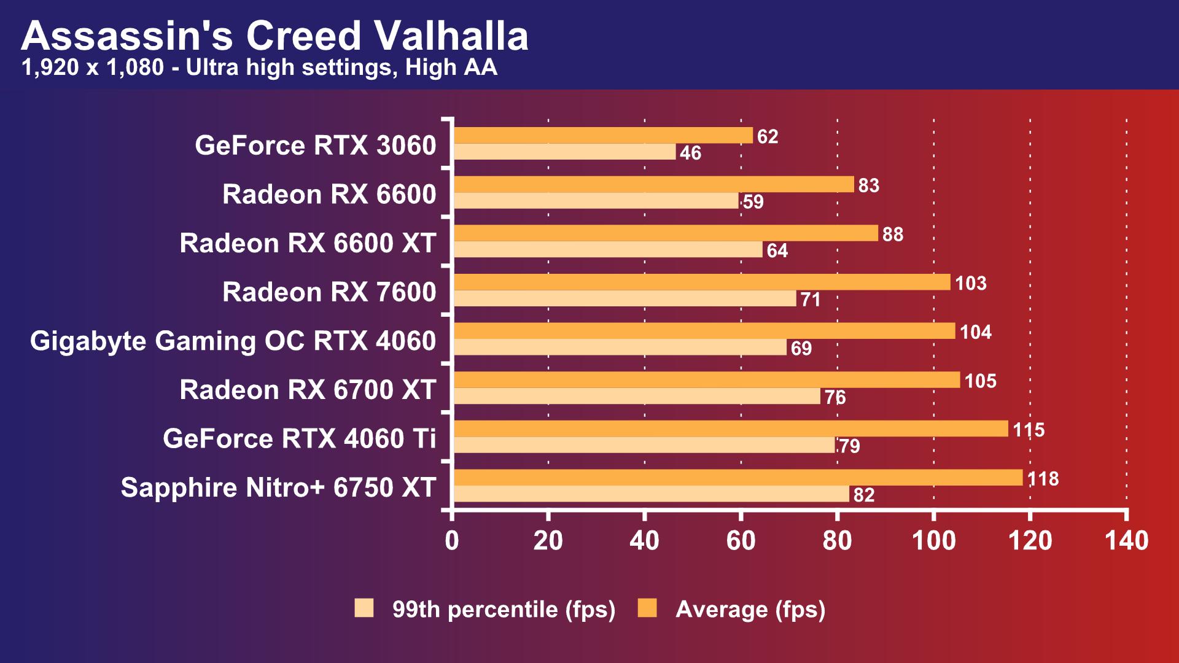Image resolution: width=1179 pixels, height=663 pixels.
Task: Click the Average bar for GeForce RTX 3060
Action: click(603, 136)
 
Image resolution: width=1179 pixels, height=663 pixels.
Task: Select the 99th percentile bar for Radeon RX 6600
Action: click(596, 201)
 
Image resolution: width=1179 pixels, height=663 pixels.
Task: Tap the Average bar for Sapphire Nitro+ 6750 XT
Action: click(737, 478)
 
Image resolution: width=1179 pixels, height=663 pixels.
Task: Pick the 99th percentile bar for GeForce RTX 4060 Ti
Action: click(644, 445)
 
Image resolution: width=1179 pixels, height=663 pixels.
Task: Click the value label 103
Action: click(970, 283)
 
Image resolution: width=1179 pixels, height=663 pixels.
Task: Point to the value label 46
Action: click(690, 153)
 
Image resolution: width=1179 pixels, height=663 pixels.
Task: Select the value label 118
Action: click(1043, 479)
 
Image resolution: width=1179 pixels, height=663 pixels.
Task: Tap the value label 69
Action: click(801, 348)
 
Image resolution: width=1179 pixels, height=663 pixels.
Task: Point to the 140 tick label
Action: click(1126, 541)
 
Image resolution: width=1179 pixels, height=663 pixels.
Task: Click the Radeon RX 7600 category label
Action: click(329, 292)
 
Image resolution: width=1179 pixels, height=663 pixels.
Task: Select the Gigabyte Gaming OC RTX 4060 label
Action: click(233, 341)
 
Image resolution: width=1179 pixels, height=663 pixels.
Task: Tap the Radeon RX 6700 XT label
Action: click(308, 390)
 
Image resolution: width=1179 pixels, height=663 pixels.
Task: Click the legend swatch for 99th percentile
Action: click(364, 608)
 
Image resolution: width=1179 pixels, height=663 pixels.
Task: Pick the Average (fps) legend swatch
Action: click(647, 608)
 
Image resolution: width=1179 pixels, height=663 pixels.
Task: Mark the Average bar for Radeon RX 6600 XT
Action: click(666, 233)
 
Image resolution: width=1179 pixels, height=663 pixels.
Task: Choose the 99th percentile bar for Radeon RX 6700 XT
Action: click(636, 397)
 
